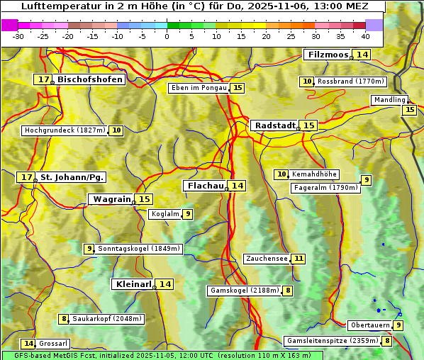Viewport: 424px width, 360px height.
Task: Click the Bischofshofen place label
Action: tap(90, 80)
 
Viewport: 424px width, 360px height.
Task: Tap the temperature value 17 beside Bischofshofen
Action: tap(45, 80)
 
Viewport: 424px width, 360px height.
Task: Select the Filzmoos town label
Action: tap(327, 55)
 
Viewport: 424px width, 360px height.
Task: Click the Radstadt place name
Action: tap(274, 125)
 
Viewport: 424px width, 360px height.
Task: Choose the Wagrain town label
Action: tap(112, 200)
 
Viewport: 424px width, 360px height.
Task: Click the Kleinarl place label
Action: tap(133, 284)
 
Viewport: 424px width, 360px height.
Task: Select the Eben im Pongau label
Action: tap(199, 88)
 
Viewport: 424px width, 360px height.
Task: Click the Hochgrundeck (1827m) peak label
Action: tap(65, 130)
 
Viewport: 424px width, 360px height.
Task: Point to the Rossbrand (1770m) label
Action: tap(350, 81)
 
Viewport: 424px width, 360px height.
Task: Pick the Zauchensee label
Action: tap(267, 259)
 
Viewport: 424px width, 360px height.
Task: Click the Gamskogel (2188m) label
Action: tap(244, 291)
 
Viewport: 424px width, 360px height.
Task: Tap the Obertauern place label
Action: tap(370, 325)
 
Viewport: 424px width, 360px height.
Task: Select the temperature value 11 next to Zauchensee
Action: tap(299, 259)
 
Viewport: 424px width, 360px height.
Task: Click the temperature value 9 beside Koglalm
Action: tap(187, 214)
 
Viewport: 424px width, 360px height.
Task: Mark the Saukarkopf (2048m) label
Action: tap(107, 319)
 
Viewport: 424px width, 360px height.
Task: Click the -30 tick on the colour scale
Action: tap(19, 35)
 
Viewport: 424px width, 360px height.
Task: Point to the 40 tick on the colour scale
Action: tap(365, 35)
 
